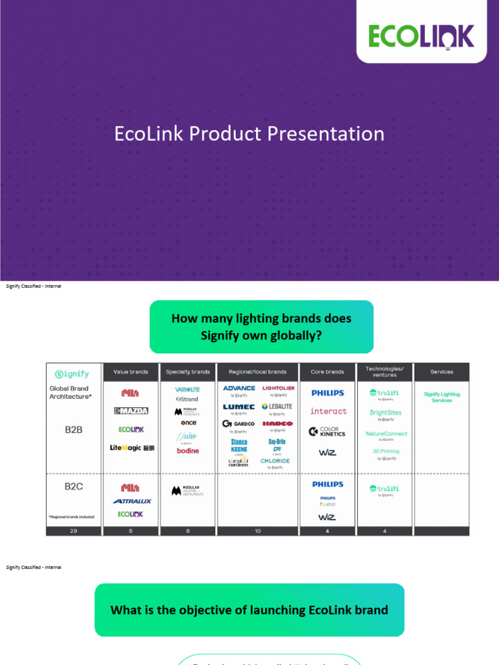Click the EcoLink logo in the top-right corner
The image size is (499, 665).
421,36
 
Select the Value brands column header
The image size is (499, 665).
131,372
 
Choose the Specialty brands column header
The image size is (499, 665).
188,372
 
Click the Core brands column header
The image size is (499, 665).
327,372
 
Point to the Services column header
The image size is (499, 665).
442,372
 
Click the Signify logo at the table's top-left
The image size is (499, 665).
72,374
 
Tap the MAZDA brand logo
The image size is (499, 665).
131,410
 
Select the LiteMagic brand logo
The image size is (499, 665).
132,448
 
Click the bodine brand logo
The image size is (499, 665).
188,451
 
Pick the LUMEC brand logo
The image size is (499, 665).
239,407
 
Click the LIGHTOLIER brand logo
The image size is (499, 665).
278,388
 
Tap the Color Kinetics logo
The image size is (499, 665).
327,431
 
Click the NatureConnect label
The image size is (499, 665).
386,433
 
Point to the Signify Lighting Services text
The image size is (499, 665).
442,397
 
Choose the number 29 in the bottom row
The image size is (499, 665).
73,531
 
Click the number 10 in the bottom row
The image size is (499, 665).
258,531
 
